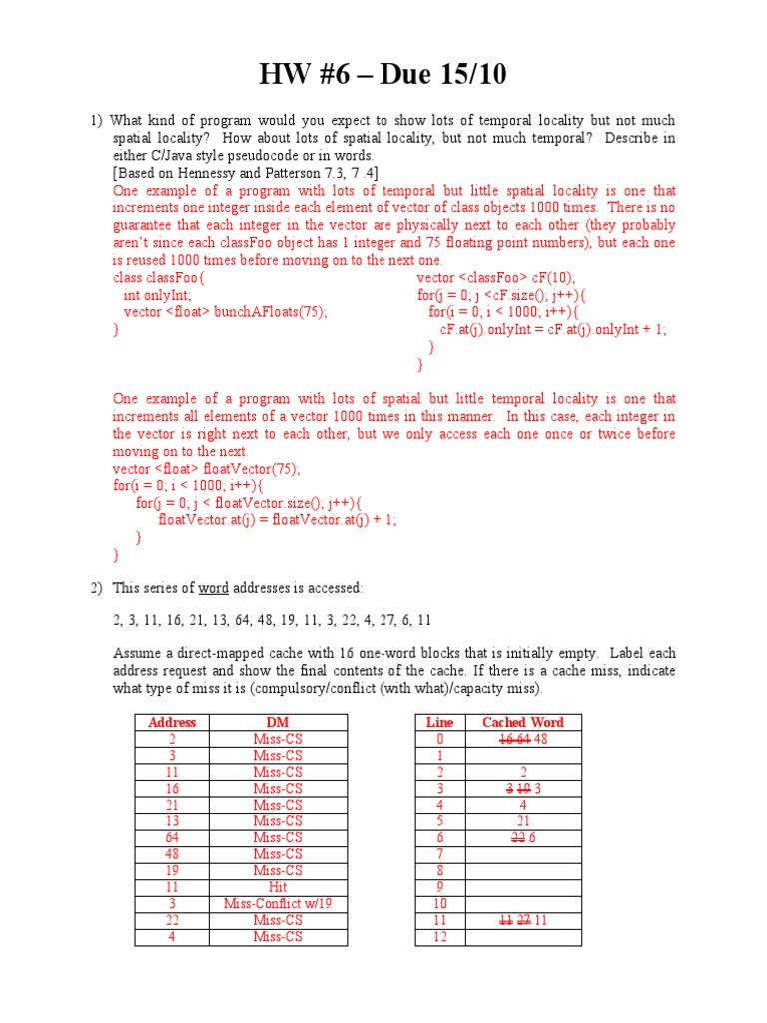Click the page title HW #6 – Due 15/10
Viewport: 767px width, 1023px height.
(x=383, y=74)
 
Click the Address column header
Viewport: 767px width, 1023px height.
(x=172, y=722)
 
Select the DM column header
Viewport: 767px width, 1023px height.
(x=277, y=722)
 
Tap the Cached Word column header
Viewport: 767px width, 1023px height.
(x=522, y=722)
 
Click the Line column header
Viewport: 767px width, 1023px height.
(x=439, y=722)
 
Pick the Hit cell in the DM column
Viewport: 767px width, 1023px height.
(x=277, y=887)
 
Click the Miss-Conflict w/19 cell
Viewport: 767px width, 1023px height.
(x=277, y=903)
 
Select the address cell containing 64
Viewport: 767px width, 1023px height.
(x=172, y=837)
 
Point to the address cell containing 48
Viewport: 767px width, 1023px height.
(x=172, y=854)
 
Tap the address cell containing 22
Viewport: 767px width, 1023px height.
(x=172, y=920)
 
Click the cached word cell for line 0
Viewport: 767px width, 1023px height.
(x=522, y=739)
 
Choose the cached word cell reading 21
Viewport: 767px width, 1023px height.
(x=522, y=821)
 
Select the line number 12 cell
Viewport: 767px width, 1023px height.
(x=439, y=936)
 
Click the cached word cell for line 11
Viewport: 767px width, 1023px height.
(x=522, y=920)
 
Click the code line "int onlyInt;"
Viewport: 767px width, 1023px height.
(x=157, y=295)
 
